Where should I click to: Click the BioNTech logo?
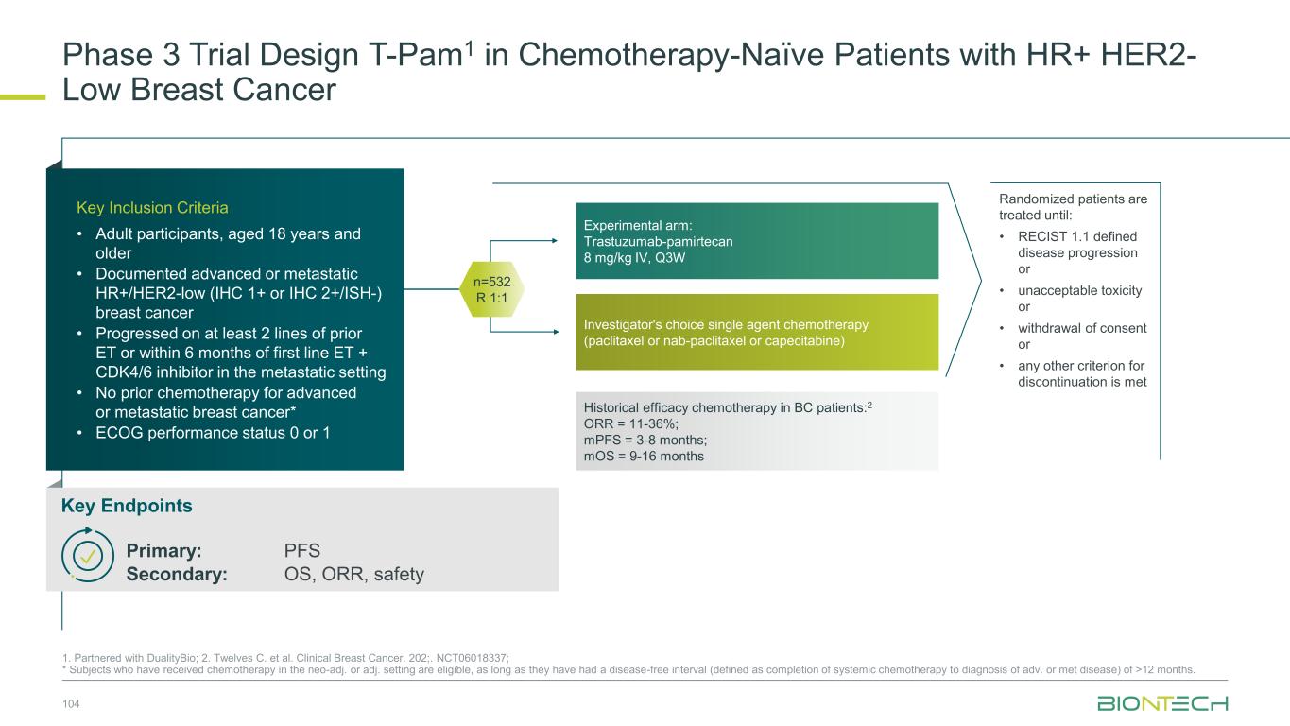(x=1162, y=703)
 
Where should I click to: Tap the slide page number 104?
(x=71, y=703)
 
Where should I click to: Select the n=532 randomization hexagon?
(x=491, y=289)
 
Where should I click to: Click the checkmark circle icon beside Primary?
(x=88, y=556)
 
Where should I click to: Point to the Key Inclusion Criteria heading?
(x=152, y=207)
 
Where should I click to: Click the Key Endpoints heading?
(x=127, y=506)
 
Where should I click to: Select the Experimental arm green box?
(x=757, y=241)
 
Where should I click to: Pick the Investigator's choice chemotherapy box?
(x=757, y=332)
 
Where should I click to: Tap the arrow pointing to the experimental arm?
(x=524, y=241)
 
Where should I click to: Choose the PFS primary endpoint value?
(x=301, y=550)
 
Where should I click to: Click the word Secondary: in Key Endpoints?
(x=177, y=574)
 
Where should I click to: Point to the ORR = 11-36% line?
(x=631, y=424)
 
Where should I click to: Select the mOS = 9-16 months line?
(x=644, y=457)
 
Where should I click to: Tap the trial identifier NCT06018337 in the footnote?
(x=473, y=658)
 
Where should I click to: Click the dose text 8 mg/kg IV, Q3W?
(x=635, y=257)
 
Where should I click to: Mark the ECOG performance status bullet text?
(x=213, y=433)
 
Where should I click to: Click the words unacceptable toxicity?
(x=1080, y=290)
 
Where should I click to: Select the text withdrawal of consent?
(x=1082, y=328)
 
